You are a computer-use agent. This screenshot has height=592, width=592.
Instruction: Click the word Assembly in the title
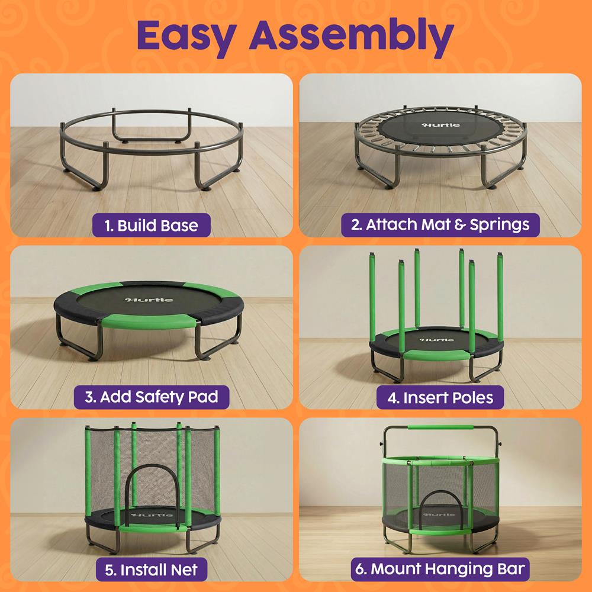(x=351, y=37)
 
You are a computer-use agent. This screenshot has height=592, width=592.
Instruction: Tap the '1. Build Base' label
(x=152, y=226)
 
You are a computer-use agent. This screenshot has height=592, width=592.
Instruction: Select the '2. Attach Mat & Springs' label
(x=440, y=225)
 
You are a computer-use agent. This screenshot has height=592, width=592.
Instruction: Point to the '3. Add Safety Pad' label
(x=152, y=397)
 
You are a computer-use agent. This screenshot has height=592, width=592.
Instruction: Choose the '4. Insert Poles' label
(x=440, y=398)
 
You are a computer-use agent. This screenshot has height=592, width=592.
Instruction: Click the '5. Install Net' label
(x=152, y=570)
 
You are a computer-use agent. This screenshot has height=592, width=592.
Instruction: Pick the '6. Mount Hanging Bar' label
(x=440, y=569)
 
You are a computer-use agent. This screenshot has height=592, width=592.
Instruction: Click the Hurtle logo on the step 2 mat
(x=441, y=125)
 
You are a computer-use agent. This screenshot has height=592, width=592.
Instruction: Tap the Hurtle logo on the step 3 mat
(x=150, y=300)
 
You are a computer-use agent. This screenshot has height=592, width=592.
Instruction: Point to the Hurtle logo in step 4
(x=437, y=340)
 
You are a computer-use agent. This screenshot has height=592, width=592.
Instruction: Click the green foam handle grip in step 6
(x=440, y=428)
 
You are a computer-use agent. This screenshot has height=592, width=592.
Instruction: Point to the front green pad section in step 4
(x=437, y=355)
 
